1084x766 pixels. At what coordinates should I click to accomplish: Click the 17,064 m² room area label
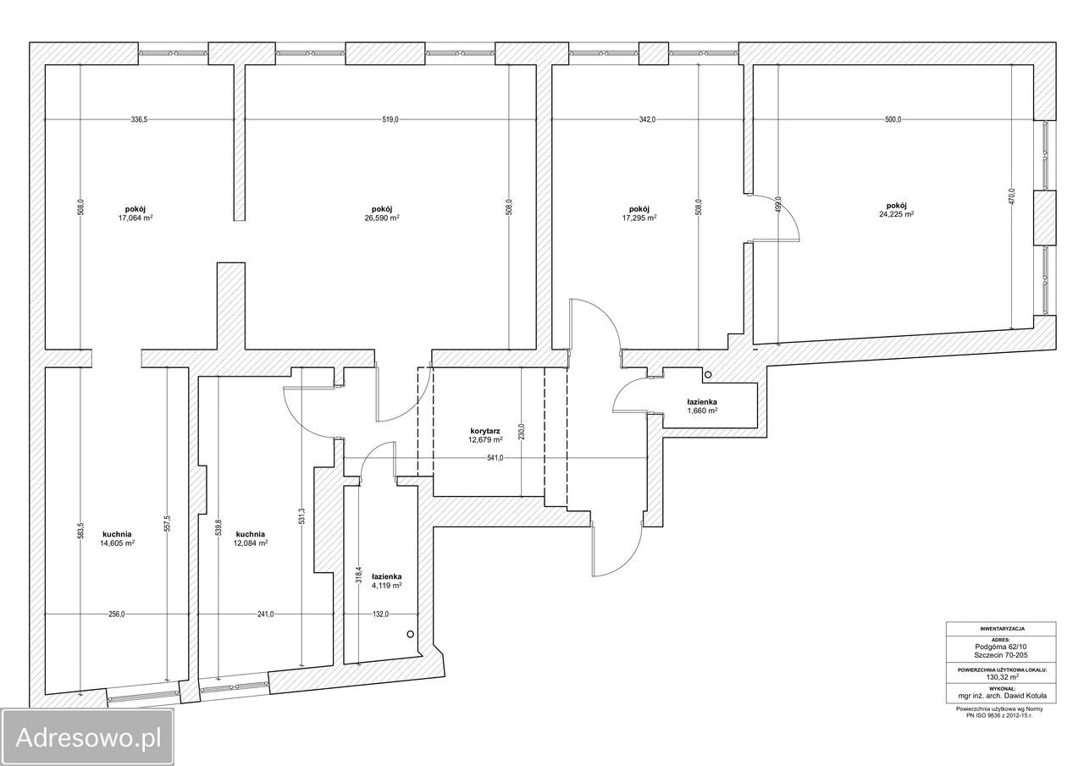[x=135, y=218]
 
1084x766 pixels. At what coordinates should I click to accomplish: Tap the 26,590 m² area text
[x=382, y=218]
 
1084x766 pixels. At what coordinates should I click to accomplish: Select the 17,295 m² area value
[x=639, y=218]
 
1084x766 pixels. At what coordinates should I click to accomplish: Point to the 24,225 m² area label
[x=897, y=214]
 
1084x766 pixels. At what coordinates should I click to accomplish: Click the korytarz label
[x=485, y=431]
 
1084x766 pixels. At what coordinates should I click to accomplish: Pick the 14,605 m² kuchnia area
[x=117, y=543]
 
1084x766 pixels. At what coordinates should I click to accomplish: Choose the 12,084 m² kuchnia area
[x=250, y=543]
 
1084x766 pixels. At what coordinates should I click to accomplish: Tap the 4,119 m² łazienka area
[x=387, y=585]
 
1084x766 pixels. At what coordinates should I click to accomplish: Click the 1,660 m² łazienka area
[x=702, y=411]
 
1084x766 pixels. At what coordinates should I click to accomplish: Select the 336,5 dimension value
[x=140, y=120]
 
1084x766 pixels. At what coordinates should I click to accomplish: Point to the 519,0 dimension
[x=390, y=120]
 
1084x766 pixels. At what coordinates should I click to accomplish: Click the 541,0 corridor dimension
[x=495, y=458]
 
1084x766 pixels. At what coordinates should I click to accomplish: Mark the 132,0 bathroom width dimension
[x=380, y=614]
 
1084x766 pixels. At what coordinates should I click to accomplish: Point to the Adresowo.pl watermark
[x=88, y=737]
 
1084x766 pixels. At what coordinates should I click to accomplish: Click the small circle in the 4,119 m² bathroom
[x=411, y=634]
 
